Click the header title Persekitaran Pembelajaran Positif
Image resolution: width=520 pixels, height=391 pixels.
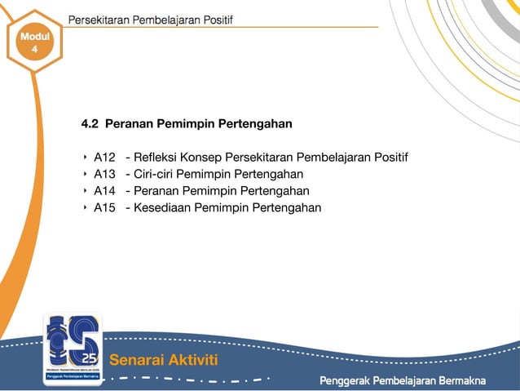150,20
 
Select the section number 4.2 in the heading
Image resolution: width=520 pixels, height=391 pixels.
90,124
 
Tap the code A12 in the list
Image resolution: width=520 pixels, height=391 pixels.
105,157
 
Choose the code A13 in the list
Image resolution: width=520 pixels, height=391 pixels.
105,174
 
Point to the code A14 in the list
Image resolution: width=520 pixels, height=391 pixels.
105,191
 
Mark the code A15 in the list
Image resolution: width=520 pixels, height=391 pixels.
105,207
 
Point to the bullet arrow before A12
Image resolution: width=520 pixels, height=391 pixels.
84,157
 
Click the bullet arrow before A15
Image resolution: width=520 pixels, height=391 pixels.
84,207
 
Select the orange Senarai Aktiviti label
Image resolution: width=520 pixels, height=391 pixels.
163,360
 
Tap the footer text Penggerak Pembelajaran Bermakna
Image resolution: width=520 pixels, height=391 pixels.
402,380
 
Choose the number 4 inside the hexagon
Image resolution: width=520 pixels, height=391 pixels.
34,51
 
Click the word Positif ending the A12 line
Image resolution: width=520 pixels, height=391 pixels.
390,157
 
